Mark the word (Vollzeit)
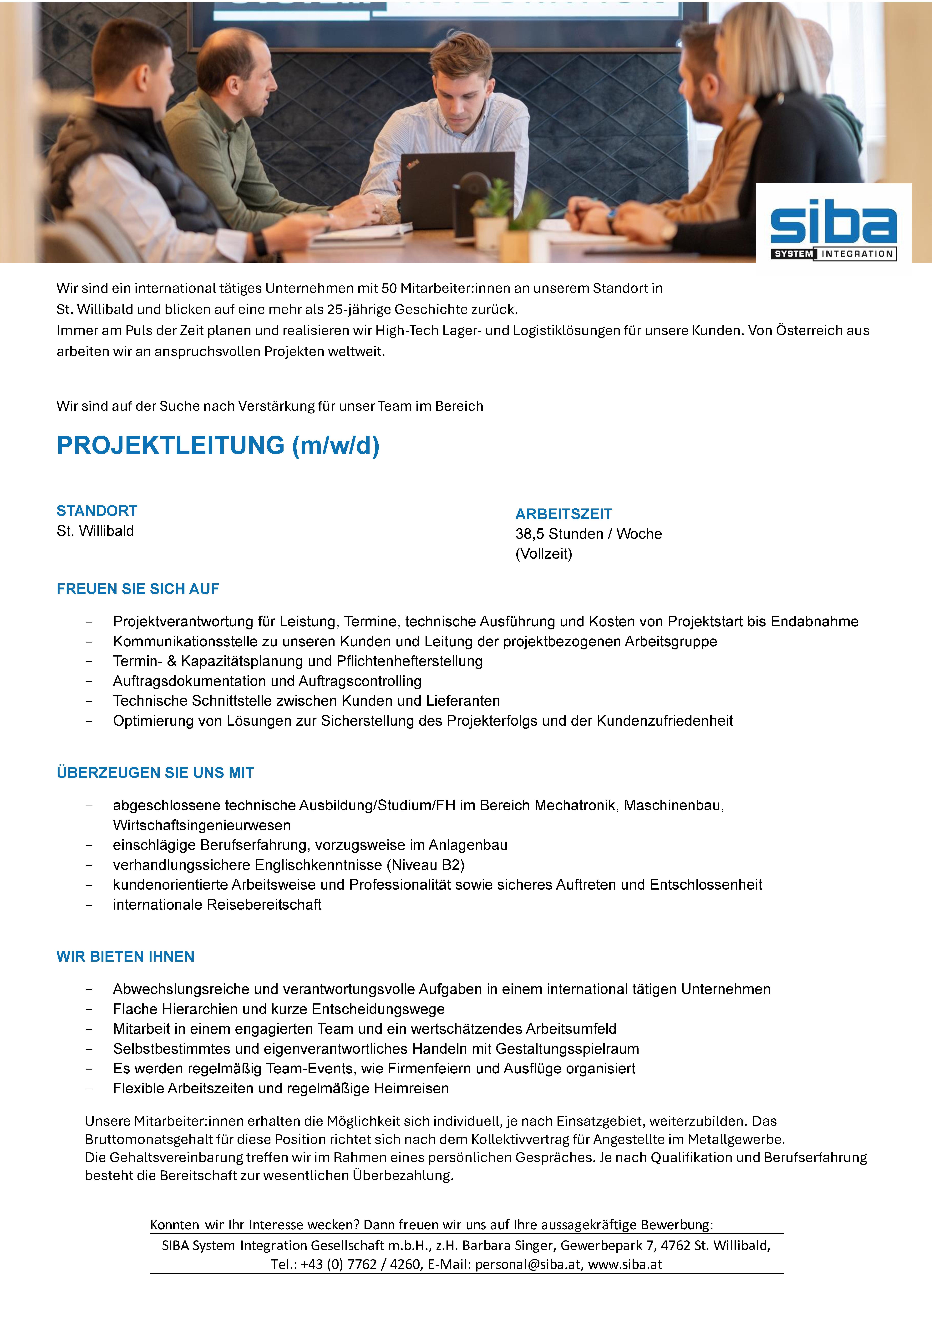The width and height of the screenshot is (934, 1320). (543, 554)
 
